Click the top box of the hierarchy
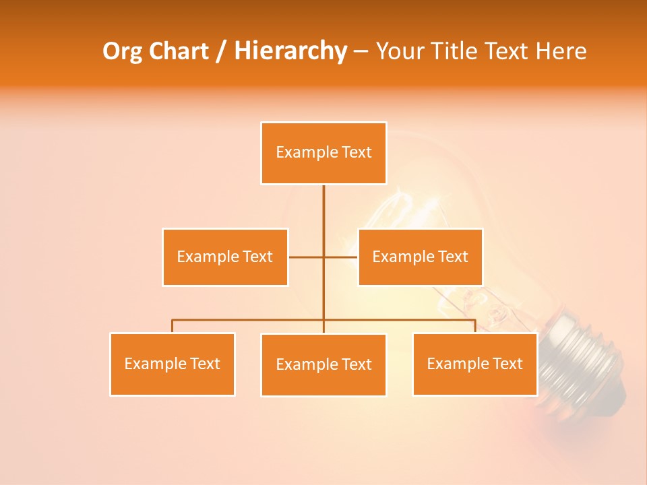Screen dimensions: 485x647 [323, 153]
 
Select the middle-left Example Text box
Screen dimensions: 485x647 [225, 257]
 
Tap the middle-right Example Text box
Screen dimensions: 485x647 [420, 257]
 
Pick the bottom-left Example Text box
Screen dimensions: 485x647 [172, 364]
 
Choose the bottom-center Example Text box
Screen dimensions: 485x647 [323, 364]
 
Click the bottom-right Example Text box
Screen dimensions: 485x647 [474, 364]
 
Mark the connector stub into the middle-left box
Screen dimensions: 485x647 [305, 257]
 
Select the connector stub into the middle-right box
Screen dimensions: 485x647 [342, 257]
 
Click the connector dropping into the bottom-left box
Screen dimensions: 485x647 [172, 326]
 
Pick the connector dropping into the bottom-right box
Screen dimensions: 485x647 [474, 326]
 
